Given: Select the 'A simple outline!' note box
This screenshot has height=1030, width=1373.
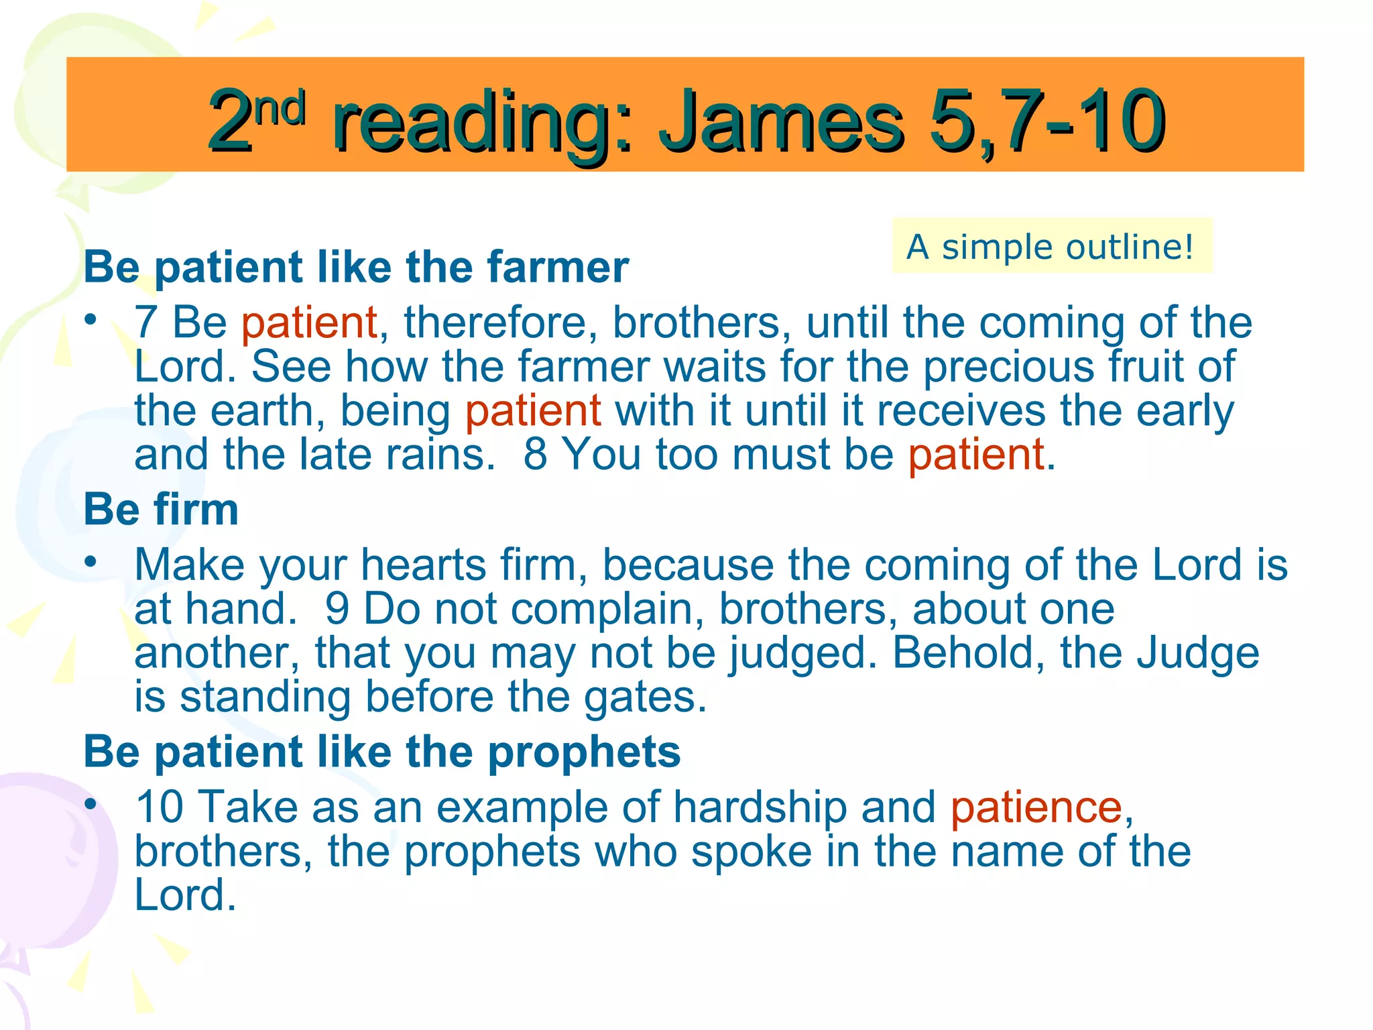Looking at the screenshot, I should [x=1051, y=246].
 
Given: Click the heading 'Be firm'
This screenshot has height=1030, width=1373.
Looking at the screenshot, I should [x=161, y=510].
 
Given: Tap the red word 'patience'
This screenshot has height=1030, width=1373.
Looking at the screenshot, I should [x=1036, y=807].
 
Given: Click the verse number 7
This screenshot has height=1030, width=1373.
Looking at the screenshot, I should [x=145, y=323].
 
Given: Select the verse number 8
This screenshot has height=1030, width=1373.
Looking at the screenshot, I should [x=535, y=455].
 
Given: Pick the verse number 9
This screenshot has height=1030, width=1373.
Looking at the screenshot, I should [x=337, y=609].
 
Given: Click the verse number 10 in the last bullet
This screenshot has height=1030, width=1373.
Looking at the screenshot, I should [x=160, y=807].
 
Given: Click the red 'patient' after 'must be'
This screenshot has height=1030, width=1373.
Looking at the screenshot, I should [x=976, y=455].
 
